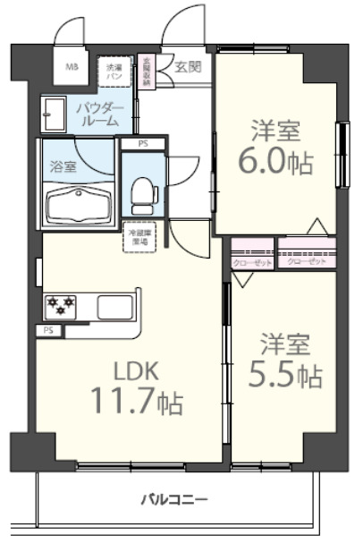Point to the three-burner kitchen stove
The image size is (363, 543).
pyautogui.click(x=62, y=308)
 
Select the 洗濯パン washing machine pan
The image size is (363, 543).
pyautogui.click(x=114, y=71)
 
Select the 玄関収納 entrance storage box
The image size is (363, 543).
pyautogui.click(x=148, y=72)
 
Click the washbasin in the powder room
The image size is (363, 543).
pyautogui.click(x=51, y=115)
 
